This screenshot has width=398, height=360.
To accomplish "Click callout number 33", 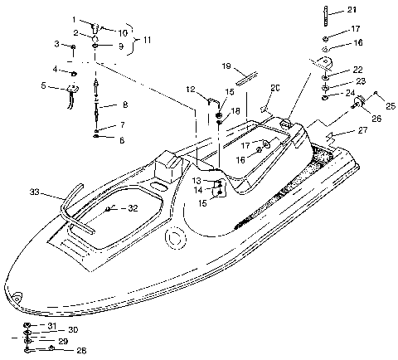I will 34,193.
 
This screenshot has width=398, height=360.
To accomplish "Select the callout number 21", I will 376,10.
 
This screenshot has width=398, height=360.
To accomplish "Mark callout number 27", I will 362,129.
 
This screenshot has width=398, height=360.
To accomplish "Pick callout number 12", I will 190,90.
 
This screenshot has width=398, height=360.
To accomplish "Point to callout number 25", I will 390,106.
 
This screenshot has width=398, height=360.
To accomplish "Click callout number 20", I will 276,87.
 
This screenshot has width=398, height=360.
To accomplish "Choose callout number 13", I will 195,180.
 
